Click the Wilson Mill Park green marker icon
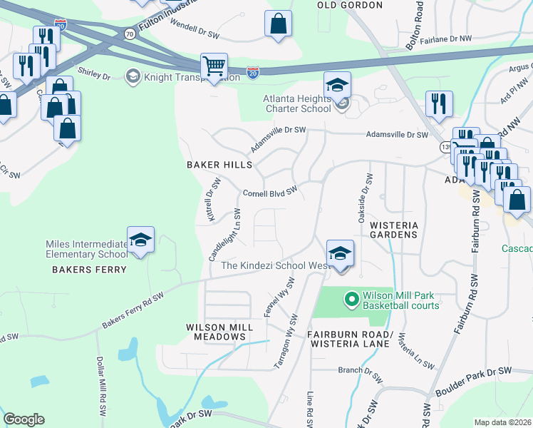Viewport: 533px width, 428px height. (x=351, y=299)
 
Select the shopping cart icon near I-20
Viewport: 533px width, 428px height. (x=214, y=66)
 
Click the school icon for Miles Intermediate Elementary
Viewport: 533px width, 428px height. (x=140, y=240)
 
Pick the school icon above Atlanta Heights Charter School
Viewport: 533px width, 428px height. (x=337, y=86)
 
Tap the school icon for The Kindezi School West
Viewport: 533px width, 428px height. (x=340, y=253)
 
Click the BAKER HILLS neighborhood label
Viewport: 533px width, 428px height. (x=219, y=165)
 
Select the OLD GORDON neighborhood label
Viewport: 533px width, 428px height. (x=350, y=5)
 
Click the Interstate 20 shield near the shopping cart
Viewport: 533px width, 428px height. (x=252, y=72)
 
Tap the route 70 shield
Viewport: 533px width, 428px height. (x=129, y=34)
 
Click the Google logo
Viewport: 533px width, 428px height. (x=24, y=419)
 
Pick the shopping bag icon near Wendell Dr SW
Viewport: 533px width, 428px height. (x=278, y=23)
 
